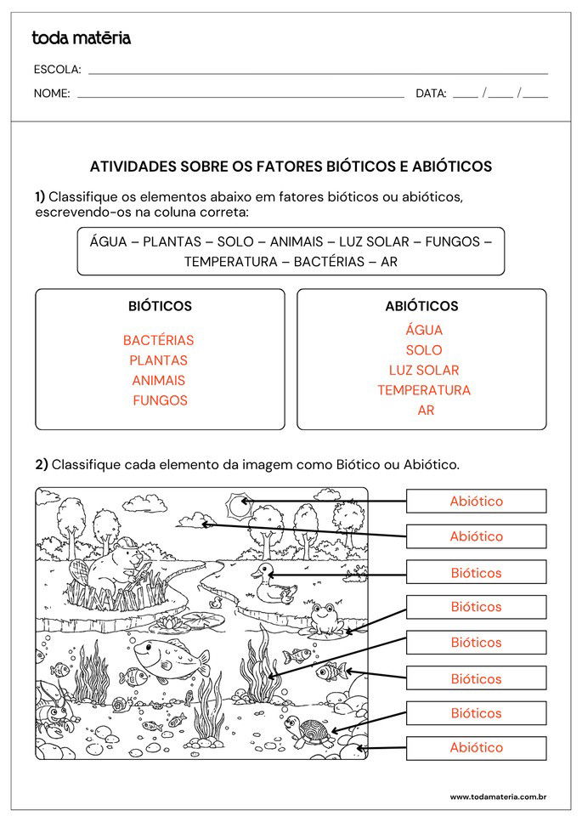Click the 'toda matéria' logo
pos(81,37)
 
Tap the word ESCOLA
pos(57,70)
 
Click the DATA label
pos(431,94)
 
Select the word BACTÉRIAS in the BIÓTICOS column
pos(158,340)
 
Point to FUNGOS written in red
pos(160,400)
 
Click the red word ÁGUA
pos(424,330)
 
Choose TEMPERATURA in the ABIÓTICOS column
pos(424,390)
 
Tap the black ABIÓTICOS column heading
pos(421,306)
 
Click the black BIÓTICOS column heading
pos(160,306)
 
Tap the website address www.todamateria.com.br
pos(497,796)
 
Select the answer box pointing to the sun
pos(476,501)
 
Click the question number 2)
pos(42,464)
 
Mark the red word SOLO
pos(424,350)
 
